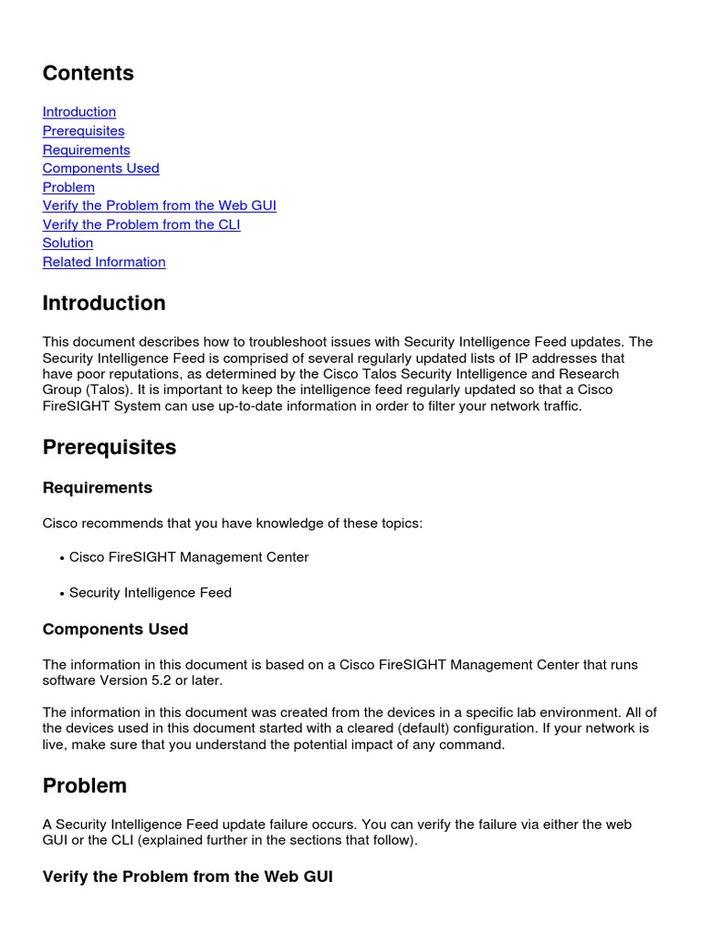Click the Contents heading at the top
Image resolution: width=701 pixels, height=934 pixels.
pos(88,74)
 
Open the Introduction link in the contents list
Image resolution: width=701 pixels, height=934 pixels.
pos(79,112)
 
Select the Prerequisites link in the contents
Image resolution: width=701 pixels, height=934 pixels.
pos(83,131)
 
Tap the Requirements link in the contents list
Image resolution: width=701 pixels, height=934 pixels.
pos(86,150)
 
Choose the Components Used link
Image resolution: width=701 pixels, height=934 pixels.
pos(100,169)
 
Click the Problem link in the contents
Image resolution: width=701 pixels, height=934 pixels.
pos(68,187)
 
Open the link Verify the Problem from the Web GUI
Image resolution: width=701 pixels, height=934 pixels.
pos(159,206)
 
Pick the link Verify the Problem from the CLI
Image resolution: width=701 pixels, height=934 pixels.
pos(141,224)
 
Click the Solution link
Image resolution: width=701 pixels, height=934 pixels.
pos(68,244)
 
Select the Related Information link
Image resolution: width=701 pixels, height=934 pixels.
pos(104,262)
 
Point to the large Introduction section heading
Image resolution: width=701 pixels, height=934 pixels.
pos(104,304)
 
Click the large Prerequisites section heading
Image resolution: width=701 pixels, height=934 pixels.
pos(110,448)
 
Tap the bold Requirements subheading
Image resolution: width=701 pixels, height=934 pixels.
pos(98,488)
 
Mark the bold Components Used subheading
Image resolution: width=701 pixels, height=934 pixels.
pos(115,629)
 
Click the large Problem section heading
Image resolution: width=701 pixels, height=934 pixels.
pos(85,786)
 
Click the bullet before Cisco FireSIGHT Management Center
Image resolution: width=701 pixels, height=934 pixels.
pos(62,558)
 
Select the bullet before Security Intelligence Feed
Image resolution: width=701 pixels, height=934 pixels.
pos(62,594)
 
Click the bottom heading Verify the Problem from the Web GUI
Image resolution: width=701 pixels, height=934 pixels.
pos(187,877)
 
